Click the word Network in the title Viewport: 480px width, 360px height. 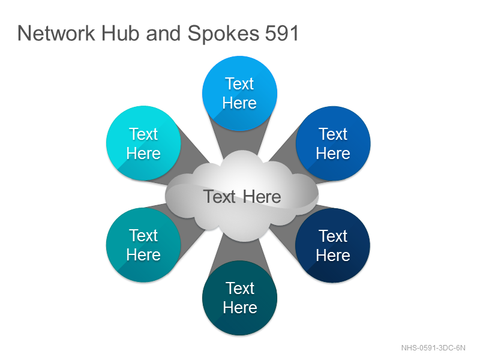point(56,33)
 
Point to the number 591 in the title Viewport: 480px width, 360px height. point(281,33)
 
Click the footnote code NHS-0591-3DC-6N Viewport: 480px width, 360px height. point(433,348)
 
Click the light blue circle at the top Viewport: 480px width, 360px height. point(239,94)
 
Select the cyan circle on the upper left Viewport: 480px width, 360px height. point(143,143)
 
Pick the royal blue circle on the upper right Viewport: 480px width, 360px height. point(333,143)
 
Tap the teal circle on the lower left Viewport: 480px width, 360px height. point(143,245)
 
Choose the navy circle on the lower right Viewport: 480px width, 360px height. point(333,245)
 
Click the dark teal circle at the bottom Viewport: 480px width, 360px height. point(239,298)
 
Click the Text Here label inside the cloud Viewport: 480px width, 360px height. point(242,197)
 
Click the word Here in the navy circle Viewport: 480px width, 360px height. point(333,256)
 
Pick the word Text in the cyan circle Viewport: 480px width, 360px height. point(143,134)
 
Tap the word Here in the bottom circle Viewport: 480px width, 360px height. point(240,307)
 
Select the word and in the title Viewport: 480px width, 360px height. point(163,33)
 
